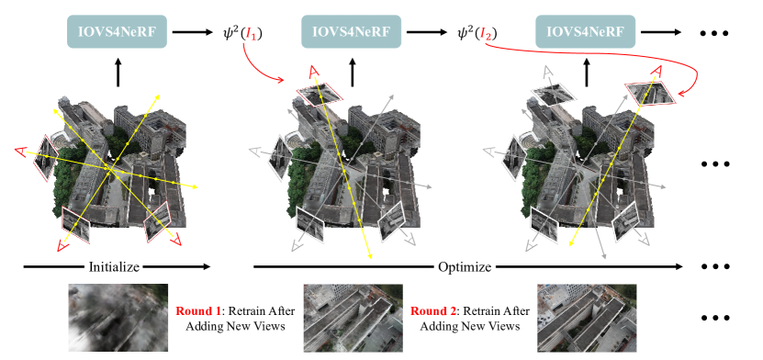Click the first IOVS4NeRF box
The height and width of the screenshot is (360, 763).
point(117,31)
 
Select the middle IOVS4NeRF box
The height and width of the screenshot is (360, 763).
point(352,31)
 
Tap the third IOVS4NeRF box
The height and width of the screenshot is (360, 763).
point(586,31)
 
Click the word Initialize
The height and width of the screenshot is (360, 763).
point(114,266)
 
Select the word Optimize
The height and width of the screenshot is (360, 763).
point(465,266)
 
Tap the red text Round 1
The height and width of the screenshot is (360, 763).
point(195,310)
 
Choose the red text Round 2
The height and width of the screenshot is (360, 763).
point(429,310)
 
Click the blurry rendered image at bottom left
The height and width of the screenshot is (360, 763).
point(118,318)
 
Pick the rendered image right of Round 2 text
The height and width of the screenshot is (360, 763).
point(587,318)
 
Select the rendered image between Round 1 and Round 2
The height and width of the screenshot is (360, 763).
point(353,318)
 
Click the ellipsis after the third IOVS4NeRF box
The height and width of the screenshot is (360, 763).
point(713,33)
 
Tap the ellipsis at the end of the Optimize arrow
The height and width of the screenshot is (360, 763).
point(715,266)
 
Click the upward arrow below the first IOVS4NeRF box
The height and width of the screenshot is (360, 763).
point(118,73)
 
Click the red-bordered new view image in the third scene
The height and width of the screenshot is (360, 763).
point(650,93)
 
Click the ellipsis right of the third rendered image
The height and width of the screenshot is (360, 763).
point(715,318)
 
